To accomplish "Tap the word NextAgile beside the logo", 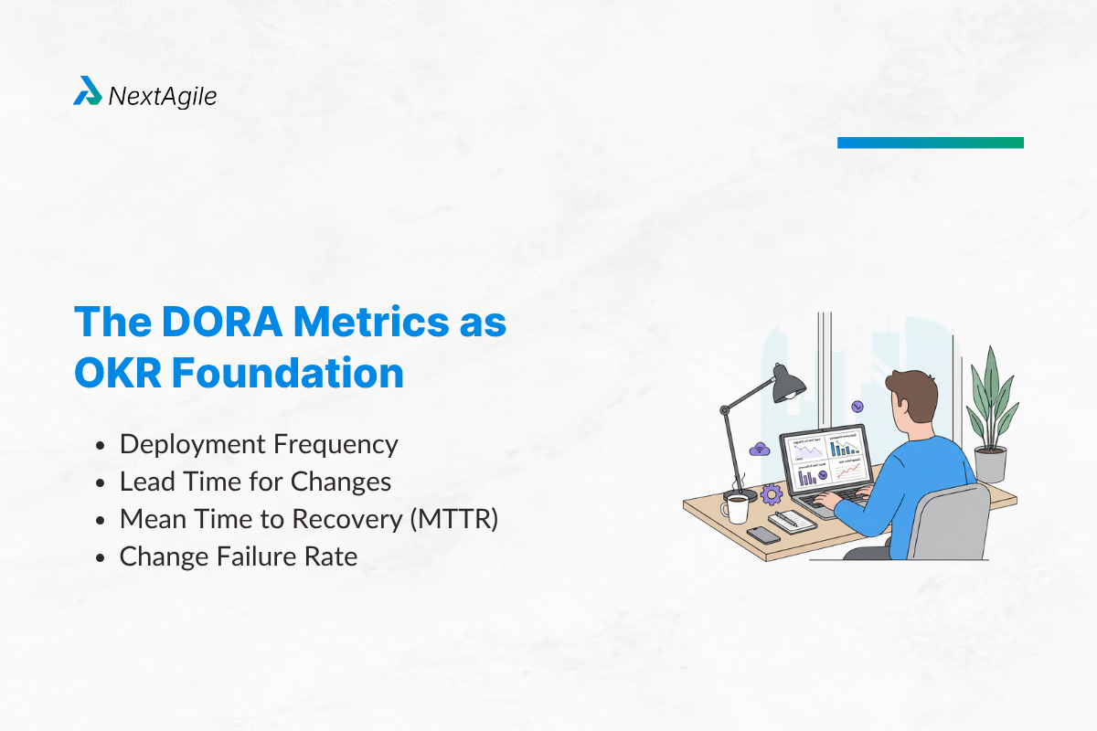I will [x=163, y=95].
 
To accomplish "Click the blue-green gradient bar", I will [x=930, y=143].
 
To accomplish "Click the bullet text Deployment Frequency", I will [x=259, y=445].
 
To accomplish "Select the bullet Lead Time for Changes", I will [x=255, y=482].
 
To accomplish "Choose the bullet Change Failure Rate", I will [x=238, y=556].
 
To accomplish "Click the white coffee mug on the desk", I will [x=737, y=508].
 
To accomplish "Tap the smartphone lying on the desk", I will [x=763, y=535].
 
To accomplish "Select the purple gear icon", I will [x=772, y=494].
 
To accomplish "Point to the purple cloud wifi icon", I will [x=758, y=449].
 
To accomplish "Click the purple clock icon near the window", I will [x=857, y=406].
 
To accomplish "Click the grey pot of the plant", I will [x=990, y=463].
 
